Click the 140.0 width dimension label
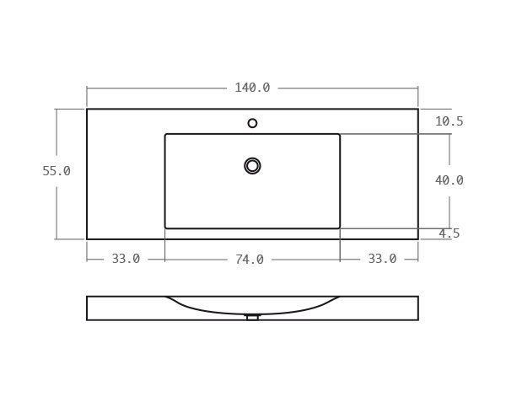(x=252, y=88)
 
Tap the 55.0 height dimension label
(x=57, y=171)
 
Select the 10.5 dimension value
(x=449, y=121)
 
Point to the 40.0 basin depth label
(x=449, y=180)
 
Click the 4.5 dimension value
(x=449, y=233)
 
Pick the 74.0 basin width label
(x=250, y=260)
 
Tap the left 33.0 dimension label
(x=126, y=259)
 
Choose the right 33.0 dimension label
(x=382, y=259)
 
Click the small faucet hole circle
(x=252, y=123)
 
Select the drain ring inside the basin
(x=252, y=166)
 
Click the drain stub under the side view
(x=252, y=318)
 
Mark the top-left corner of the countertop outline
(x=87, y=109)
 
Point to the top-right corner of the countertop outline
(x=418, y=109)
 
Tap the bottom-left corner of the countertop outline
(x=87, y=239)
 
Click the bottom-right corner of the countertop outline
(x=418, y=239)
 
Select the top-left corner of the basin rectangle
(x=165, y=134)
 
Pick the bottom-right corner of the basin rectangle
(x=340, y=228)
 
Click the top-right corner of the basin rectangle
(x=340, y=134)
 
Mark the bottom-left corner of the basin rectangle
(x=165, y=228)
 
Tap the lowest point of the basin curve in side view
(x=252, y=314)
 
